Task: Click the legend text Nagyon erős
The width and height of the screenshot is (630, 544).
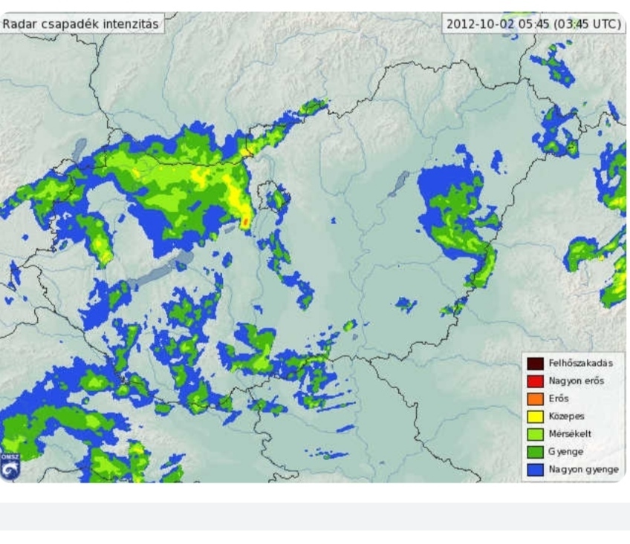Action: click(x=576, y=381)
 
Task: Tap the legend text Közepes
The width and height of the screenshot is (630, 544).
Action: click(x=566, y=416)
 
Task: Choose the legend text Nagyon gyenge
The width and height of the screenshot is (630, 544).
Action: click(x=583, y=469)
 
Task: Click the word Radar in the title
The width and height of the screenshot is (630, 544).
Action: click(x=18, y=24)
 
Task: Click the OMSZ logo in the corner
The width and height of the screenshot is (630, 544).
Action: click(x=9, y=467)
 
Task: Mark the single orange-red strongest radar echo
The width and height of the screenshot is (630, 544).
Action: click(x=246, y=221)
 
